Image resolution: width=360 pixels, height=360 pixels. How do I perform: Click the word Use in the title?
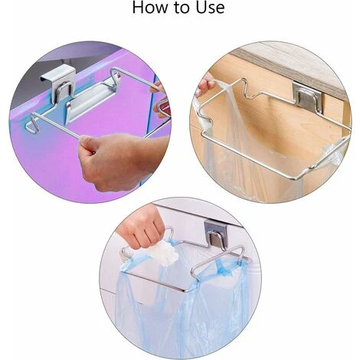tap(211, 7)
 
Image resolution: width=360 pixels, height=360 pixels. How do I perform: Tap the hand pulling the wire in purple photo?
tap(120, 161)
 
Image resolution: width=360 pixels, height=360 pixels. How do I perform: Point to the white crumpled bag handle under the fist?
tap(165, 252)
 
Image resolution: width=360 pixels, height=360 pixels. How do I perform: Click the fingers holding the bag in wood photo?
tap(205, 83)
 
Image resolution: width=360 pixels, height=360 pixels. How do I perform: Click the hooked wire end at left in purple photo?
tap(33, 125)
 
